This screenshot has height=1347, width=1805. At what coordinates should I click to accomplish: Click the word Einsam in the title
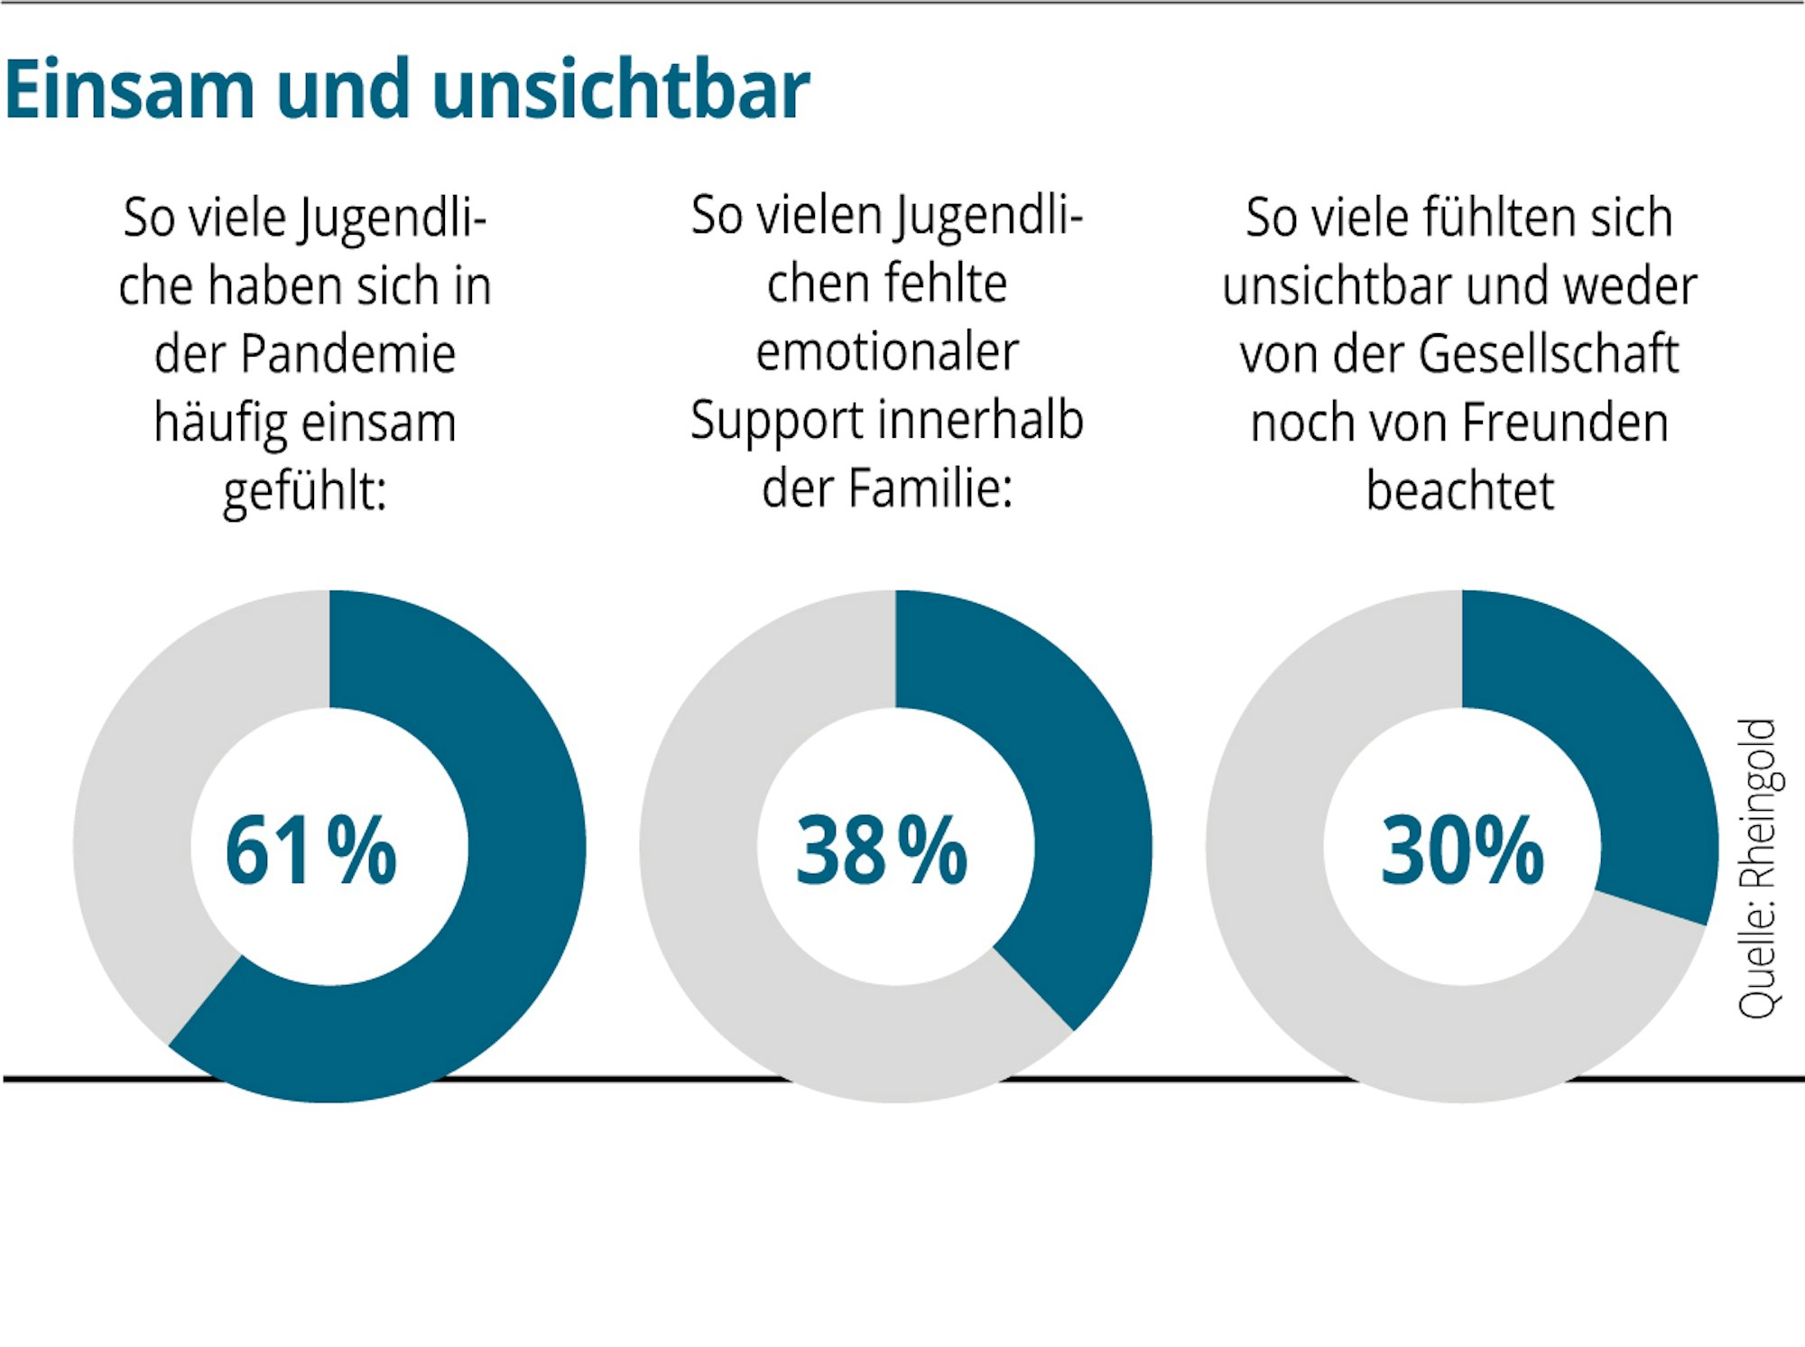[130, 89]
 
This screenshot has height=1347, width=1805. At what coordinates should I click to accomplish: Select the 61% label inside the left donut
[310, 850]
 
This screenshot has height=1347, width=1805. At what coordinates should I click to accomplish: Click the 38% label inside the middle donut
[881, 850]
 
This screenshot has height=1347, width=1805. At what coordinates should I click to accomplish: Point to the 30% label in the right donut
[1462, 850]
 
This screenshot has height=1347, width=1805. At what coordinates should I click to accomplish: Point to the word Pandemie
[348, 354]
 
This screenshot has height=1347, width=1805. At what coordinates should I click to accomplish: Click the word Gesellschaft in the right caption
[1548, 354]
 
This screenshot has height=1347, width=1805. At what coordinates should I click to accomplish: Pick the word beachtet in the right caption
[1459, 491]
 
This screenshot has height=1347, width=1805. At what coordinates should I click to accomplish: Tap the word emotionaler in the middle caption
[887, 352]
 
